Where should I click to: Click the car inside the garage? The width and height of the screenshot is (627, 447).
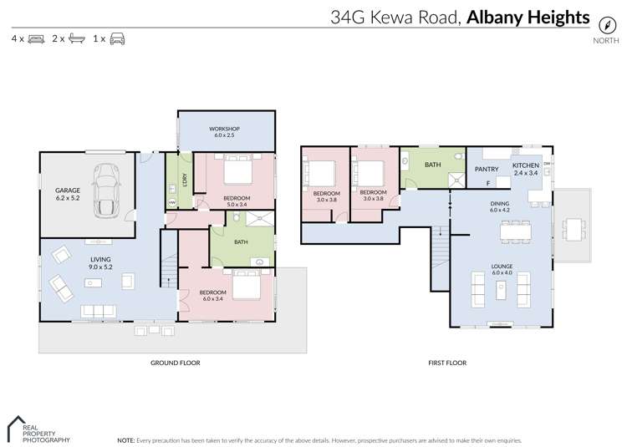pos(107,190)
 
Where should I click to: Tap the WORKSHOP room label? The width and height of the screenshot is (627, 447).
pos(226,131)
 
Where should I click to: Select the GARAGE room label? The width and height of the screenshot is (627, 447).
pos(68,194)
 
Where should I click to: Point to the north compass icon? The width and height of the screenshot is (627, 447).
pos(606,25)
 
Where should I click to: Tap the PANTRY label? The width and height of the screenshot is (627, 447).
pos(487,169)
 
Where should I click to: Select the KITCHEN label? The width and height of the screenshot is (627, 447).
pos(526,166)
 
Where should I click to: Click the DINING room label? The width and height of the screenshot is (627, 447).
pos(501,206)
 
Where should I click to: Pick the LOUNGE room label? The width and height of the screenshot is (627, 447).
pos(502,270)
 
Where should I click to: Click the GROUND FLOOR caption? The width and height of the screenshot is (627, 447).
pos(175,363)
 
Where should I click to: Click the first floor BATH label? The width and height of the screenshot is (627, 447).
pos(432,165)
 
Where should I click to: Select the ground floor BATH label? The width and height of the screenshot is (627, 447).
pos(241,242)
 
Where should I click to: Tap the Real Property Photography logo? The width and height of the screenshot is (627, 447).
pos(38,429)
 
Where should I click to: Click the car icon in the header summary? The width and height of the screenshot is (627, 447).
pos(118,39)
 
